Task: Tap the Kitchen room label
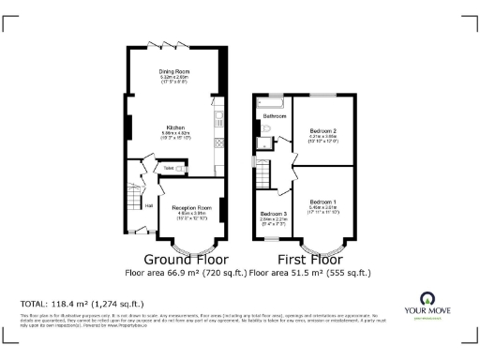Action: [175, 127]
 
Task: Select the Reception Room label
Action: [190, 205]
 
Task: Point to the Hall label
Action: [149, 204]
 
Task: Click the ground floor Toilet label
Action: [169, 167]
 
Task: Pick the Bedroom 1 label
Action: [322, 201]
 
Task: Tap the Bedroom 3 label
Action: [273, 214]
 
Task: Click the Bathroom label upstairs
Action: [275, 116]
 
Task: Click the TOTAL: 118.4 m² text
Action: [82, 304]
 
